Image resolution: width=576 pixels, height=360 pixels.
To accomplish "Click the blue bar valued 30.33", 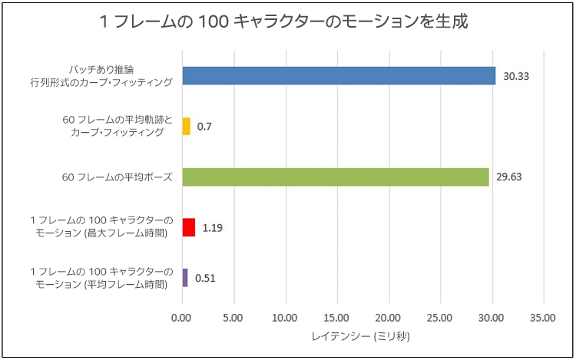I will (338, 75).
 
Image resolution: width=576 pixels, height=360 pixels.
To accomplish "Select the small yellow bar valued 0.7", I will (186, 126).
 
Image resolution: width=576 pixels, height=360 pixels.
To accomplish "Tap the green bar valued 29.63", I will (336, 177).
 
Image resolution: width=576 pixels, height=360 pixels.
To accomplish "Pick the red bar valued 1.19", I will (188, 227).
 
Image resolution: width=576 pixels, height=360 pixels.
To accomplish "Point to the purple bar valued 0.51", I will (184, 278).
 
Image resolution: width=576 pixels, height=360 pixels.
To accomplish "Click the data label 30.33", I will (516, 76).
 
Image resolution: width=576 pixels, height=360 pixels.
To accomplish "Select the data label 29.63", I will (509, 177).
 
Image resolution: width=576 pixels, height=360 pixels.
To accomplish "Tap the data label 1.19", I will (213, 228).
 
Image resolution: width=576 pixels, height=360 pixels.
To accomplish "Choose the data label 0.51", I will (205, 278).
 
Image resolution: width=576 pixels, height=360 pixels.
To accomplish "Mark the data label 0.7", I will (204, 126).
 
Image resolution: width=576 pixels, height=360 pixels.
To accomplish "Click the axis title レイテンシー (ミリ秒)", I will (362, 336).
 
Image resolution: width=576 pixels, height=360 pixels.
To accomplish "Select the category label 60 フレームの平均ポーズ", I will (117, 177).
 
